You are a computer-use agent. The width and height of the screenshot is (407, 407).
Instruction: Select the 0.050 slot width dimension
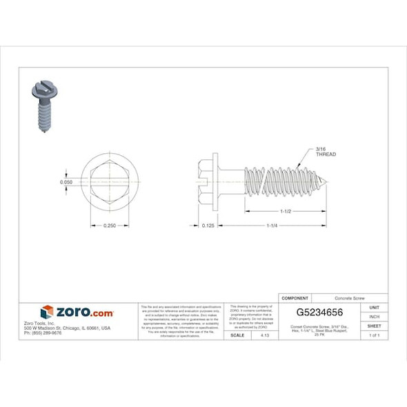[x=66, y=182]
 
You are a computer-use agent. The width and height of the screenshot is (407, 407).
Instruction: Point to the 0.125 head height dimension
[x=206, y=226]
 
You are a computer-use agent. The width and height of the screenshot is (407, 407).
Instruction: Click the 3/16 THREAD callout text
[x=325, y=152]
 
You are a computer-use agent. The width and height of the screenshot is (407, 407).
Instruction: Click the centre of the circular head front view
[x=110, y=182]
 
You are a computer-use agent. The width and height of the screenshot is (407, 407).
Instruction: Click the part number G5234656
[x=319, y=312]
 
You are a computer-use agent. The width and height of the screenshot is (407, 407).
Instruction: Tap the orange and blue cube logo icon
[x=47, y=312]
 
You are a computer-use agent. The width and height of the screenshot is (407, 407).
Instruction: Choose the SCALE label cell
[x=237, y=335]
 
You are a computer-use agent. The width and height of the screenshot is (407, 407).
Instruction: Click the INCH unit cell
[x=375, y=317]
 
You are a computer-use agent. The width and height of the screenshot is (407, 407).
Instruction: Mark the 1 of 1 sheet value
[x=375, y=335]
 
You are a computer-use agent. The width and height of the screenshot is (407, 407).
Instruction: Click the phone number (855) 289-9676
[x=43, y=332]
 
